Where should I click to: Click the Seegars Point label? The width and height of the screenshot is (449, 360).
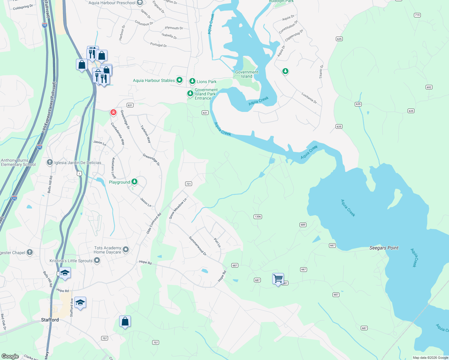[x=384, y=248]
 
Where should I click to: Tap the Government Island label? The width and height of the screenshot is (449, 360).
[x=247, y=74]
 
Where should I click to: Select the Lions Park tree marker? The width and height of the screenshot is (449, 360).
[x=192, y=81]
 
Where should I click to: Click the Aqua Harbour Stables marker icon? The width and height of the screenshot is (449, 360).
[x=179, y=80]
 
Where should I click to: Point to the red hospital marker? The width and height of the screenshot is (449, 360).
[x=113, y=112]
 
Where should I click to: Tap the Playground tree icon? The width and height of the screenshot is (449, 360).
[x=134, y=181]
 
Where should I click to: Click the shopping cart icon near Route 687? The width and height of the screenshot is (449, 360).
[x=278, y=279]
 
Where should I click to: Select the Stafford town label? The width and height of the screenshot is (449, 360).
[x=50, y=320]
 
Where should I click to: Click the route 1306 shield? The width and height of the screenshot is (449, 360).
[x=258, y=217]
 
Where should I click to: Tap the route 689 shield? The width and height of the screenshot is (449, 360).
[x=303, y=225]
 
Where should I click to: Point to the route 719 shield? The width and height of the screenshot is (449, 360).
[x=417, y=15]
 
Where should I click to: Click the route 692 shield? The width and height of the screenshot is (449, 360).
[x=429, y=87]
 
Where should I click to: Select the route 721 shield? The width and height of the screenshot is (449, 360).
[x=188, y=184]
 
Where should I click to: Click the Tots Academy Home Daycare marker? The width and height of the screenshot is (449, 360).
[x=126, y=249]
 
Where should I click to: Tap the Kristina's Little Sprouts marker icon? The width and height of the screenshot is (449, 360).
[x=97, y=261]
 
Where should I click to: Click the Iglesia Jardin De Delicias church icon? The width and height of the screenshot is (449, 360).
[x=50, y=163]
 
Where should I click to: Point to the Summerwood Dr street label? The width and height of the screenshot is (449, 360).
[x=197, y=246]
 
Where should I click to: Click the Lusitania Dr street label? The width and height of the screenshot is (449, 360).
[x=309, y=98]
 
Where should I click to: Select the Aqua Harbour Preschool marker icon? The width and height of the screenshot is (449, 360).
[x=140, y=3]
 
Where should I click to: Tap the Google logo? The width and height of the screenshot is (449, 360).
[x=10, y=356]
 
